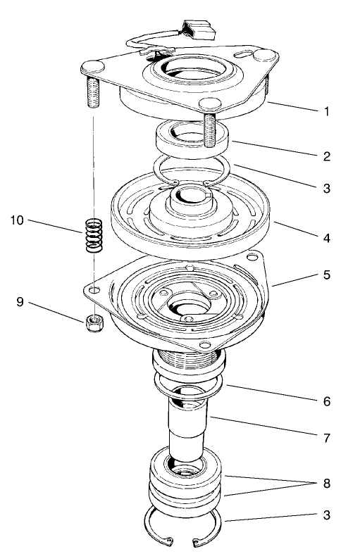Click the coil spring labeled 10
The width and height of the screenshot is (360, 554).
coord(93,237)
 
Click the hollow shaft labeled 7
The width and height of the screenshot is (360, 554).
coord(186,426)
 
